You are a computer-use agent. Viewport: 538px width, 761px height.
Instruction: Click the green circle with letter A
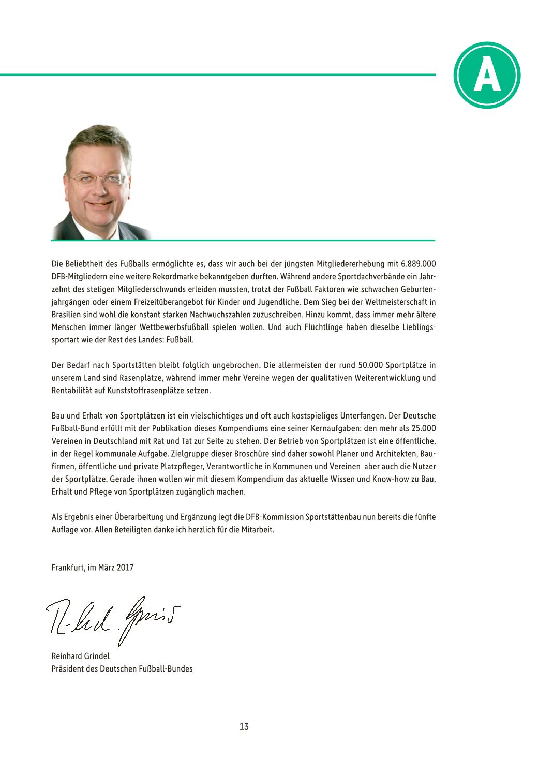point(487,76)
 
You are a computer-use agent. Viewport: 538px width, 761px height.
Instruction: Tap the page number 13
point(244,726)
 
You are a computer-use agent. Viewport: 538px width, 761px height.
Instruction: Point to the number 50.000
point(371,365)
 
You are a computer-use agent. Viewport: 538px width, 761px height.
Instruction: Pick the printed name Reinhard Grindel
point(81,656)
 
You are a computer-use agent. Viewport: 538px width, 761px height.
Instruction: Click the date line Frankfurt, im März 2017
point(93,567)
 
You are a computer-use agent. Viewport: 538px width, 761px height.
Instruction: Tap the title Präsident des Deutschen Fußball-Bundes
point(122,668)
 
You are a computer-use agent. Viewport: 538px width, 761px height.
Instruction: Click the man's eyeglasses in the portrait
point(98,180)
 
